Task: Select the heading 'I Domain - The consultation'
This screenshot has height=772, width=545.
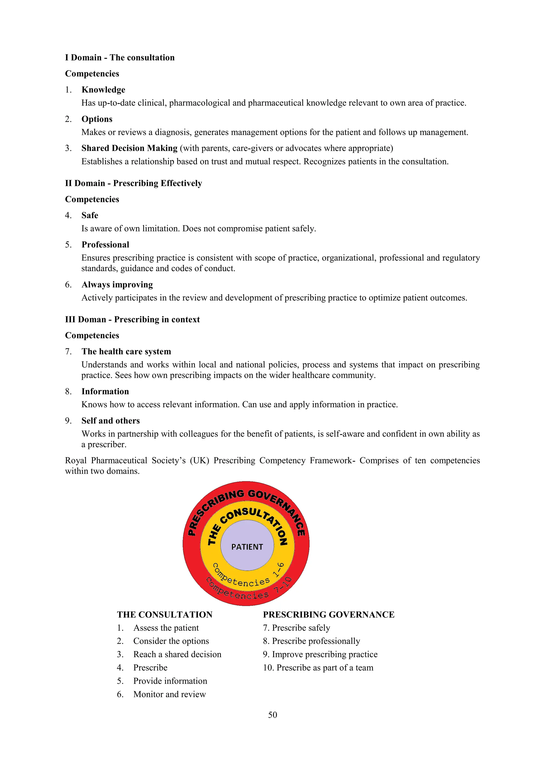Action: point(119,58)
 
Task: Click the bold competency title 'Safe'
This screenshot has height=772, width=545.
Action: point(90,215)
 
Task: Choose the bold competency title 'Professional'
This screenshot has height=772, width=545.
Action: point(105,245)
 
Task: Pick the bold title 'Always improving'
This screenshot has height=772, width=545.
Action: point(117,285)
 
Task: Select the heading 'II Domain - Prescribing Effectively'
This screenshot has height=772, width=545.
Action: point(133,183)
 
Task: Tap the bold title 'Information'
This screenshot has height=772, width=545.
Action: point(105,391)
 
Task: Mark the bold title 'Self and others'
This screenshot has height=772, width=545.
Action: point(110,421)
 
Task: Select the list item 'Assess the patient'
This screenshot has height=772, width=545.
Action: point(166,628)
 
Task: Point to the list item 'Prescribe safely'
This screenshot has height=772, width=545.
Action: point(301,628)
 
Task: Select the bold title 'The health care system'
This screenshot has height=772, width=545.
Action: point(126,351)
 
